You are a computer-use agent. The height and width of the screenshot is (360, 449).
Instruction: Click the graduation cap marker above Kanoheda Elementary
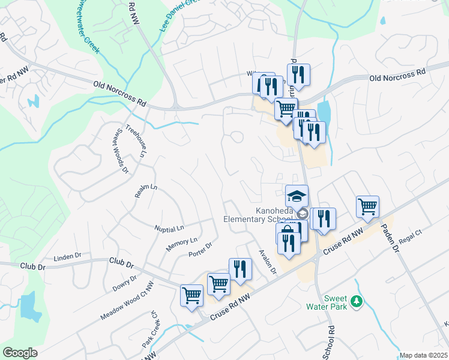[297, 196]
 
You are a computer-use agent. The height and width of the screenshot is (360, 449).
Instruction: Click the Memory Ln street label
[181, 244]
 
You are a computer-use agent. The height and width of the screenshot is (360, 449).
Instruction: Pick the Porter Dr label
[200, 248]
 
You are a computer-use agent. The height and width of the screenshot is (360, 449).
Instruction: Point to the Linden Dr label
[67, 257]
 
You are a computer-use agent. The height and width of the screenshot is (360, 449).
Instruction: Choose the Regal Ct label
[411, 239]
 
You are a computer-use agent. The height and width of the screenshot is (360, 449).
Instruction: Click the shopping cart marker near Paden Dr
[367, 206]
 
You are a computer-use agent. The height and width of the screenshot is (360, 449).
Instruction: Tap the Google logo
[20, 353]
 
